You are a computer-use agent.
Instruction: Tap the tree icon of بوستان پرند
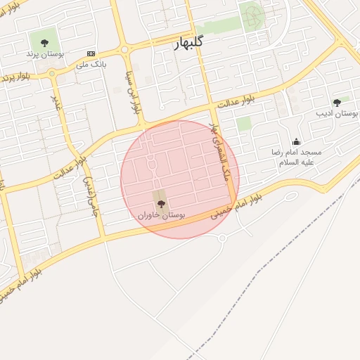(x=45, y=43)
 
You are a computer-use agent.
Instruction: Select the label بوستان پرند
(x=45, y=53)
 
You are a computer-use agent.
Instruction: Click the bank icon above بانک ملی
(x=91, y=53)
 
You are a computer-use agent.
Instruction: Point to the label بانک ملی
(x=90, y=64)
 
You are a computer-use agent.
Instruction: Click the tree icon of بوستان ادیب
(x=337, y=103)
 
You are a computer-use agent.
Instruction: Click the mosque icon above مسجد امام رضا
(x=296, y=141)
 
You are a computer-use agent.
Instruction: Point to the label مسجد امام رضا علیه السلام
(x=297, y=156)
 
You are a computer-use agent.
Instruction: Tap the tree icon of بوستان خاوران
(x=161, y=204)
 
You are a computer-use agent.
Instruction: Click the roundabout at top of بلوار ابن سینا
(x=125, y=49)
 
